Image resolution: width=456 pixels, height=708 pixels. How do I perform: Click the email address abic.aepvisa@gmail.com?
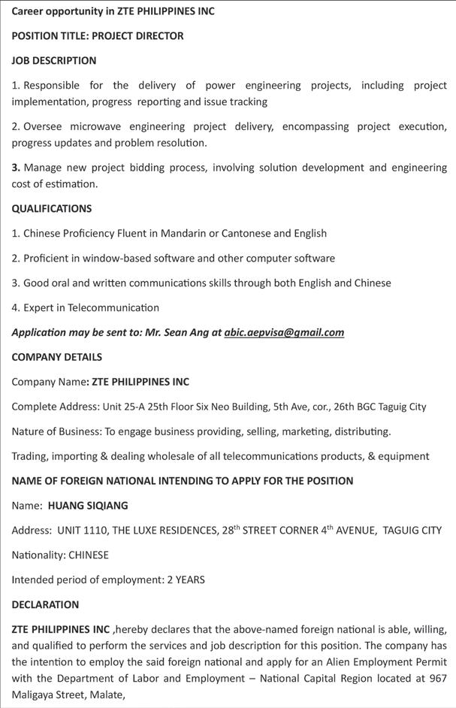coord(284,332)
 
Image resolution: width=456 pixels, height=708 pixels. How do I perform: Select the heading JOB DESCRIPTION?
coord(54,60)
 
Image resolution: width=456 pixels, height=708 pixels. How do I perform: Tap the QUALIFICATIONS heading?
coord(52,208)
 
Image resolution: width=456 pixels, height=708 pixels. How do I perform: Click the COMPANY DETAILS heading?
coord(57,357)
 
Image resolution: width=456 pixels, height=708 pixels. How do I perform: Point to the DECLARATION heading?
coord(45,604)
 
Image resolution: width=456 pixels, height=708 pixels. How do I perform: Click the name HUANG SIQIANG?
coord(88,505)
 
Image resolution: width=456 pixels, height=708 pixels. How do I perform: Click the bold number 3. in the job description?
coord(16,168)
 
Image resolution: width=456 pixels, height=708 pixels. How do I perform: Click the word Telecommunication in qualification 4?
coord(113,307)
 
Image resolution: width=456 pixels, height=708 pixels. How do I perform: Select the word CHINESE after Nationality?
coord(89,555)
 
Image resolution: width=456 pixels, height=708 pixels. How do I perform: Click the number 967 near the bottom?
coord(437,679)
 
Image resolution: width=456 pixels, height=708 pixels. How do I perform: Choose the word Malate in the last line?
coord(104,695)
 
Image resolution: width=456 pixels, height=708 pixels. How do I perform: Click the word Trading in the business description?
coord(32,455)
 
